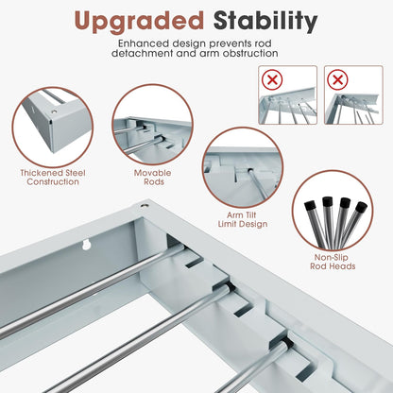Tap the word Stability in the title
[x=263, y=20]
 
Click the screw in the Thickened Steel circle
[x=55, y=112]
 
